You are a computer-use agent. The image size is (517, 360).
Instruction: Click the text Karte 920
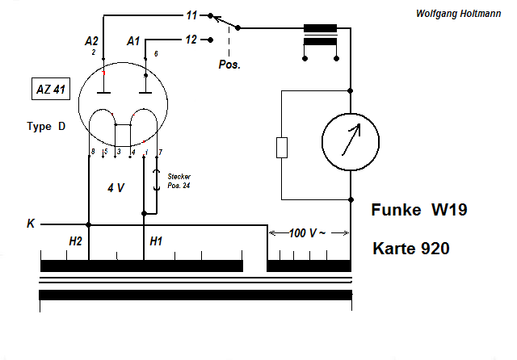point(411,249)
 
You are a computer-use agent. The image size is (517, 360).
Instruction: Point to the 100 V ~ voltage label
point(308,233)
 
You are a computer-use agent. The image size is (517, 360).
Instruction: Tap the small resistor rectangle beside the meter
point(281,148)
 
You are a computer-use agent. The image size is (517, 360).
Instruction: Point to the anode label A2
point(91,40)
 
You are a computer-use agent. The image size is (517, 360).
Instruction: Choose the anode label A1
point(135,40)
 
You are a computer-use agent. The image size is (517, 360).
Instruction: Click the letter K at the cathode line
point(31,224)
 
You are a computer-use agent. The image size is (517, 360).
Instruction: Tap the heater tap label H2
point(76,241)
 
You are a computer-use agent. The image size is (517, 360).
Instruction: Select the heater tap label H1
point(157,241)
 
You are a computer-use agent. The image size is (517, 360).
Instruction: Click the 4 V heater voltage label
point(116,187)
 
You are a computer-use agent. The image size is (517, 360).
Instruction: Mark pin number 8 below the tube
point(93,152)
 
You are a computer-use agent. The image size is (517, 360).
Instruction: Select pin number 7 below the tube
point(160,152)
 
